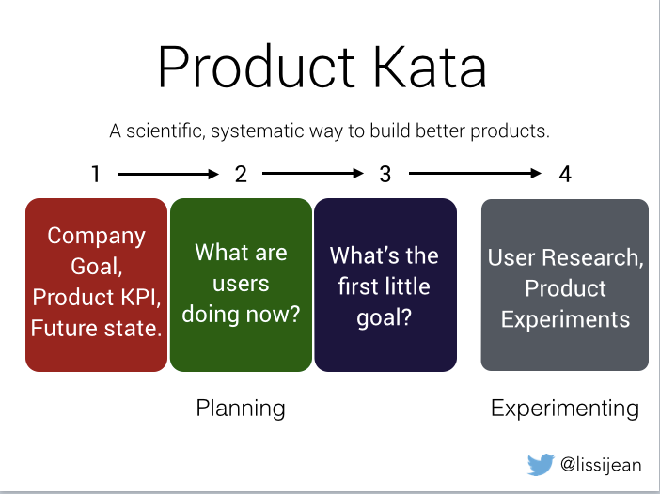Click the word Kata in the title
[432, 67]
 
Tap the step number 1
[96, 174]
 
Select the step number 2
[241, 174]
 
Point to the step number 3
[385, 174]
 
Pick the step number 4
[564, 174]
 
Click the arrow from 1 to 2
[168, 174]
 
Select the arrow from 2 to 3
[312, 174]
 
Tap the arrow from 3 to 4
[475, 174]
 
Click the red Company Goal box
[96, 284]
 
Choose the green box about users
[241, 284]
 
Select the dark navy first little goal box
[385, 284]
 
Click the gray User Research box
[564, 284]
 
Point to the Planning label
[241, 408]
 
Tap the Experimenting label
[564, 408]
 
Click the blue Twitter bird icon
[540, 463]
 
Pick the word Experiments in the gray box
[565, 319]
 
